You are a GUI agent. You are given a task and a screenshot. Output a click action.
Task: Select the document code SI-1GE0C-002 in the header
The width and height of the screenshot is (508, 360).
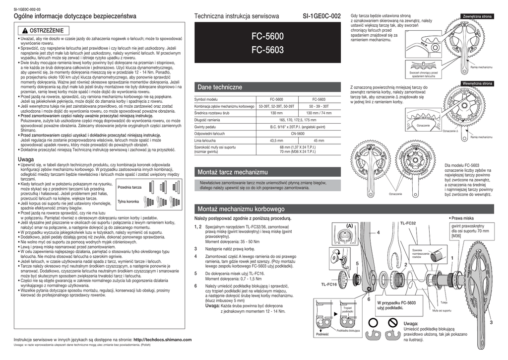coord(321,16)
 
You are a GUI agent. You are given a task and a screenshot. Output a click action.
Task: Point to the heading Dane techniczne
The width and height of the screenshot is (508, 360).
coord(216,87)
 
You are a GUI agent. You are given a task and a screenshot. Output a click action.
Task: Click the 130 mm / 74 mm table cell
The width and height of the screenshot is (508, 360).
coord(319,113)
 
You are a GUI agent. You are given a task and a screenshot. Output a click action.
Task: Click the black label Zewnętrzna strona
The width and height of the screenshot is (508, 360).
coord(477,16)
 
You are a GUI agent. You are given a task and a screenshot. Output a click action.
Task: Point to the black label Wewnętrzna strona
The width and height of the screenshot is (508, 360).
coord(477,83)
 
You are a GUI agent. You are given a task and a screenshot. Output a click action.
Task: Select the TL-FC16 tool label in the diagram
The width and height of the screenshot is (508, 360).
coord(328,285)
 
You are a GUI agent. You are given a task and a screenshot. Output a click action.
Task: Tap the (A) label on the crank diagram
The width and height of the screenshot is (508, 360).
coord(349,226)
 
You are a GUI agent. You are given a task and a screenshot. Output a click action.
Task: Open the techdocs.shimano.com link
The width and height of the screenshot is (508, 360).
coord(162,340)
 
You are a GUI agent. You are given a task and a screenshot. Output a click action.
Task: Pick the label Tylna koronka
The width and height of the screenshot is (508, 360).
coord(128,202)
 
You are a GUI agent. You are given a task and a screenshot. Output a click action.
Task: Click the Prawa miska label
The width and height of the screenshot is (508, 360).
coord(462,218)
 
